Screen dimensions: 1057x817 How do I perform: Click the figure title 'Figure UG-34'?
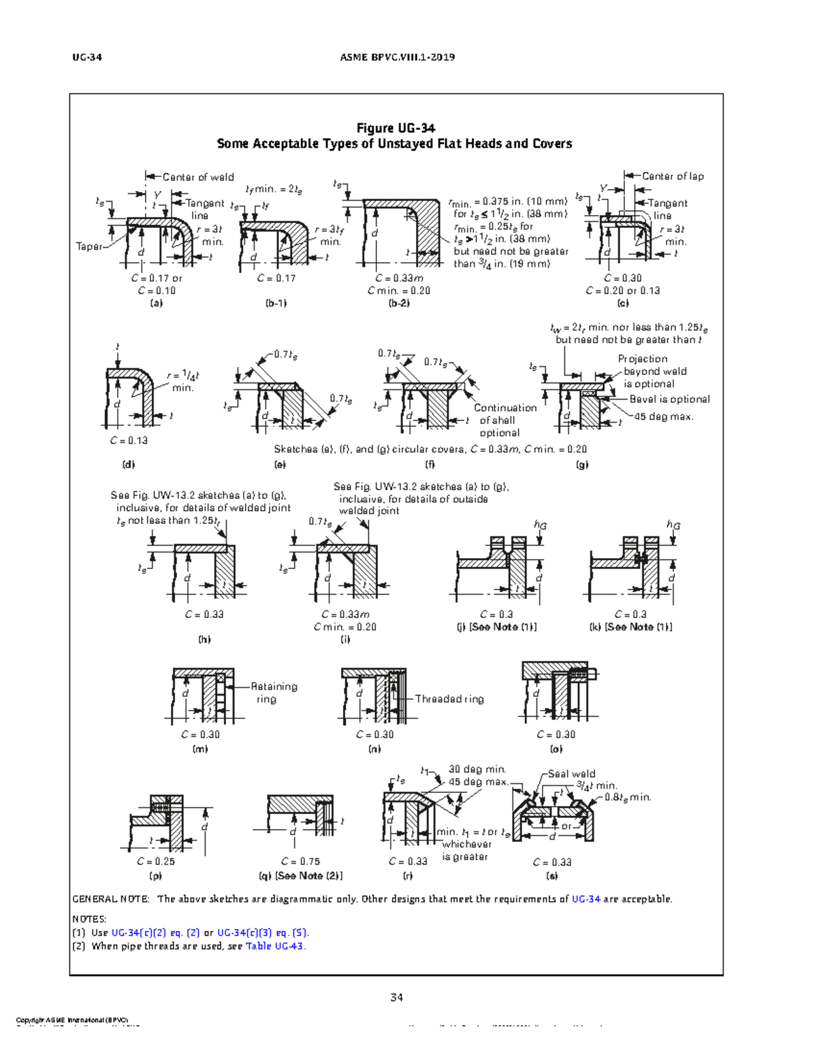396,128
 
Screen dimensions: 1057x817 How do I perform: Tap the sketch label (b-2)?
398,303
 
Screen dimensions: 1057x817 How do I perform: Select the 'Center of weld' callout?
197,177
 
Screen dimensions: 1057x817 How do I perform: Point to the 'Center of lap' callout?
672,176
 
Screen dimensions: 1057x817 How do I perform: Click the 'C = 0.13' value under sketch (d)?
129,440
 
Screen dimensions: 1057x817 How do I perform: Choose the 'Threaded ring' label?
449,699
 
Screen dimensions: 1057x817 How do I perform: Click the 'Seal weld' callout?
571,774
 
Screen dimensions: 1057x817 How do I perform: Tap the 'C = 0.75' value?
300,861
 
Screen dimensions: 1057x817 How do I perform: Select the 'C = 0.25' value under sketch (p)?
156,861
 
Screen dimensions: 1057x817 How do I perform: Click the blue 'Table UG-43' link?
275,946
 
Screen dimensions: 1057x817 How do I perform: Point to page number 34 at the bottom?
396,998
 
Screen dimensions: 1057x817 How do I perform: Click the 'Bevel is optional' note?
669,400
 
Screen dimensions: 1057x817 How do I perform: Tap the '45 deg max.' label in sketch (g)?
663,417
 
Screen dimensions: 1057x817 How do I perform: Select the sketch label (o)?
556,749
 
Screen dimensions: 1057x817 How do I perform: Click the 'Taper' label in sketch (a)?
89,246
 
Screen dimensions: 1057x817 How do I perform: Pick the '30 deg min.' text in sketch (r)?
477,769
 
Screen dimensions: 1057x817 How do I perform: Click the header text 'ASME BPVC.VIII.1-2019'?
397,57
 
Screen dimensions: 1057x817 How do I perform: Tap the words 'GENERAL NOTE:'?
110,899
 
